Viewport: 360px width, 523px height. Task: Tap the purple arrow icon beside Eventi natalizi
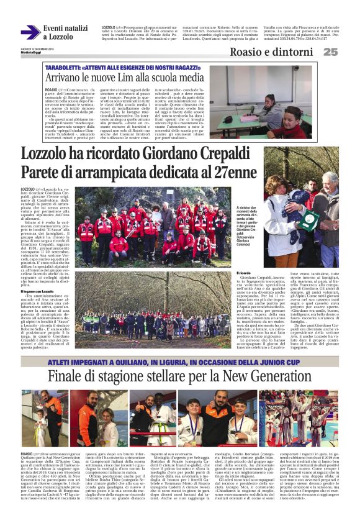[30, 32]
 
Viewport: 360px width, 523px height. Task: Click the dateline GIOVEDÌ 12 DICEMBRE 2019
[37, 48]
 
